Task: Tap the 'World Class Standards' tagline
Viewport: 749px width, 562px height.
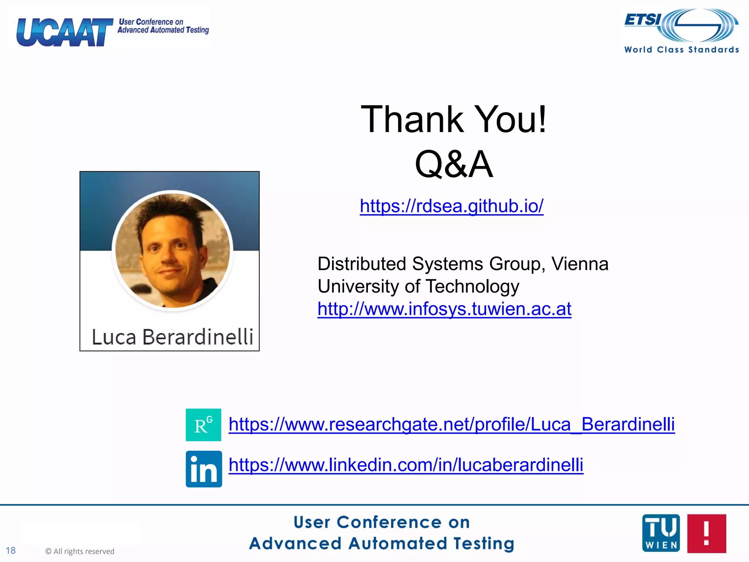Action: point(681,50)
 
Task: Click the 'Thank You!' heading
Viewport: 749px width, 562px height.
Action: point(453,119)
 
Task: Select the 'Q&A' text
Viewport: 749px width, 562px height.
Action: point(453,164)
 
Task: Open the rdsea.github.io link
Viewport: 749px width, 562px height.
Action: point(451,206)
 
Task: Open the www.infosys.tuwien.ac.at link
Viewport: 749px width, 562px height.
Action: point(444,309)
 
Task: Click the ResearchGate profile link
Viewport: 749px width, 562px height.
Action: point(451,424)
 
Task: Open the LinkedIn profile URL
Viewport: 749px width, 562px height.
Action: point(406,465)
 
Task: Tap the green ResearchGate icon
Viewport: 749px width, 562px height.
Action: point(203,425)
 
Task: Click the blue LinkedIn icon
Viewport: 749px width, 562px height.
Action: point(204,469)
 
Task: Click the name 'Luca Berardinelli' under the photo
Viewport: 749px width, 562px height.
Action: point(172,337)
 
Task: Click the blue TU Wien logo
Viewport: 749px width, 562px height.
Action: point(661,533)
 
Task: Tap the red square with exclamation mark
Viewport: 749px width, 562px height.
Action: point(706,533)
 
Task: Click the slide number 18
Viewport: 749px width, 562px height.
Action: point(11,551)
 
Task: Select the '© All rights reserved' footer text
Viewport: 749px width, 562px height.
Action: point(80,551)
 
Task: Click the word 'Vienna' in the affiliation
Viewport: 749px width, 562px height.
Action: point(580,264)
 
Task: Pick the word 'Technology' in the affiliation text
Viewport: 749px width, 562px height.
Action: point(473,286)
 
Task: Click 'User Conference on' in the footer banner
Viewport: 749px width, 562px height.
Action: point(381,522)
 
